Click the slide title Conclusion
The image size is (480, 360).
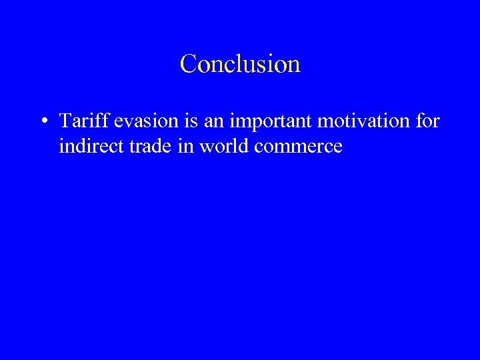tap(240, 64)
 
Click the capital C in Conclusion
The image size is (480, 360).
tap(189, 65)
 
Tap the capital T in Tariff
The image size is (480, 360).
tap(65, 121)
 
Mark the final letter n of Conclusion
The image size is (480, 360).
tap(294, 65)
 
